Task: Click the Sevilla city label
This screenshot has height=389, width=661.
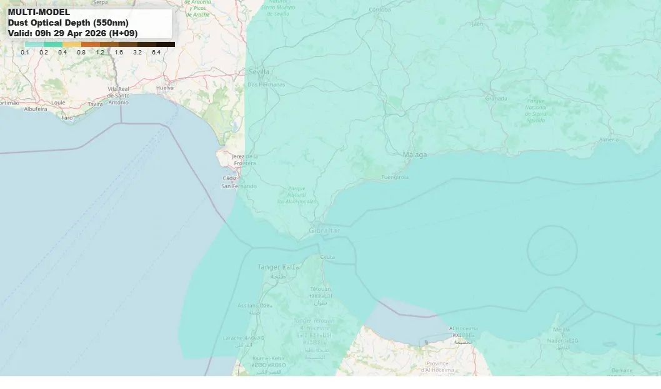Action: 259,72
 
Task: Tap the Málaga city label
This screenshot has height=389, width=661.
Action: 415,154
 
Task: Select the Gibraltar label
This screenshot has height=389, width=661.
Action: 324,231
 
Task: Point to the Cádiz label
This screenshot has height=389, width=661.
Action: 229,178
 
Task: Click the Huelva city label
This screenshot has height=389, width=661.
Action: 164,88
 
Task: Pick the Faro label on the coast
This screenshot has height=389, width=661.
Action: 67,117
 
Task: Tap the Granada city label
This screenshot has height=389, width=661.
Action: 496,98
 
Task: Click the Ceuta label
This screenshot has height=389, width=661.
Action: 327,256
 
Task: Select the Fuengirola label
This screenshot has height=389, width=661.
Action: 395,177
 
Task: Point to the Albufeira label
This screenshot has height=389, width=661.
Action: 35,109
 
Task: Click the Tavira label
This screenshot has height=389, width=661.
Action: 96,104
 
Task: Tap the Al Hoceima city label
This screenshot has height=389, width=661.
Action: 463,328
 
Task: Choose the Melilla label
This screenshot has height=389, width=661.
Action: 562,329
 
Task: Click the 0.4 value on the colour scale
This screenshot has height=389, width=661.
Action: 62,53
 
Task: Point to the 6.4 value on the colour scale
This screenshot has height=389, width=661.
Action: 156,53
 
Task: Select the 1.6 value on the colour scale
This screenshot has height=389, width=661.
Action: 119,53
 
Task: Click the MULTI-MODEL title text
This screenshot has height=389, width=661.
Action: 39,12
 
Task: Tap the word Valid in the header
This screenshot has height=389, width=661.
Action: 19,33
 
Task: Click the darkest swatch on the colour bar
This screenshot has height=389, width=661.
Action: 166,44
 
